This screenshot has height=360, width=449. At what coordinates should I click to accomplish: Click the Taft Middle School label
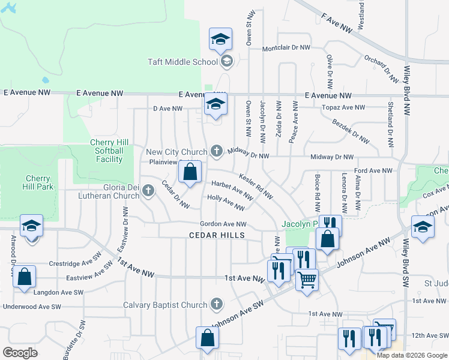point(182,62)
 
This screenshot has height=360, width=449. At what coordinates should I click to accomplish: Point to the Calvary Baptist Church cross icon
point(216,304)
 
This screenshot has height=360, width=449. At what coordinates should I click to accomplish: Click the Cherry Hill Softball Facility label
point(109,151)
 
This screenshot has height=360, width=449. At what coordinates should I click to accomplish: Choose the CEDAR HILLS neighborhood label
point(217,235)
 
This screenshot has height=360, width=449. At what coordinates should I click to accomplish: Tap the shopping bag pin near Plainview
point(190,172)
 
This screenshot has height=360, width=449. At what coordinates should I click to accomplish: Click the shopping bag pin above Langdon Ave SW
point(24,278)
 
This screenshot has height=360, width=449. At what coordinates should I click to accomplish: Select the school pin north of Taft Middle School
point(220,40)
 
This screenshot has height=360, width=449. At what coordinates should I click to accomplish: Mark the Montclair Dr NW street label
point(286,47)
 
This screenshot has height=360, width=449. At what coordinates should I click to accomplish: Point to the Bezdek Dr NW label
point(350,130)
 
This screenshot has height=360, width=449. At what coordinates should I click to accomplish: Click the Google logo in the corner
point(20,353)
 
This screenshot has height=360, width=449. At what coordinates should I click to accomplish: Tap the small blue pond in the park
point(46,80)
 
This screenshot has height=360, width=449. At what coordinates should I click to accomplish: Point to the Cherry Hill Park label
point(40,182)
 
